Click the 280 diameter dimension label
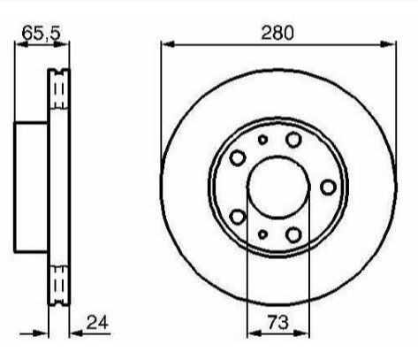pos(277,33)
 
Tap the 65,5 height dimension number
pos(42,33)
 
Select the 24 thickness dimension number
pos(97,322)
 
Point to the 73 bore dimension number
pos(277,322)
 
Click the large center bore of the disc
pos(278,187)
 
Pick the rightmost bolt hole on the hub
pos(328,188)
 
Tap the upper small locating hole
pos(262,140)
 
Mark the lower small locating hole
pos(262,234)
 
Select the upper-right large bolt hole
pos(293,140)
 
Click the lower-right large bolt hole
pos(293,234)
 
